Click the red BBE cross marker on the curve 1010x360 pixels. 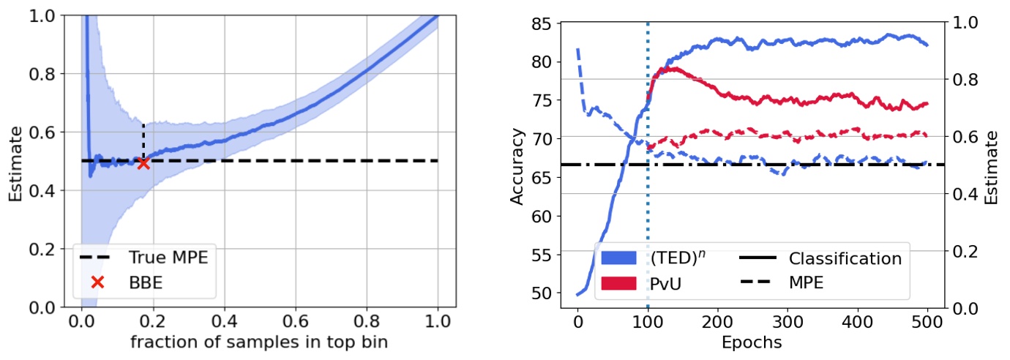(143, 163)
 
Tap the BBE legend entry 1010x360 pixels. (146, 282)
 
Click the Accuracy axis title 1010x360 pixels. (517, 165)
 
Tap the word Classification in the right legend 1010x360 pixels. (845, 258)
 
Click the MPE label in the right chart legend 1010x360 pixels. (807, 282)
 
